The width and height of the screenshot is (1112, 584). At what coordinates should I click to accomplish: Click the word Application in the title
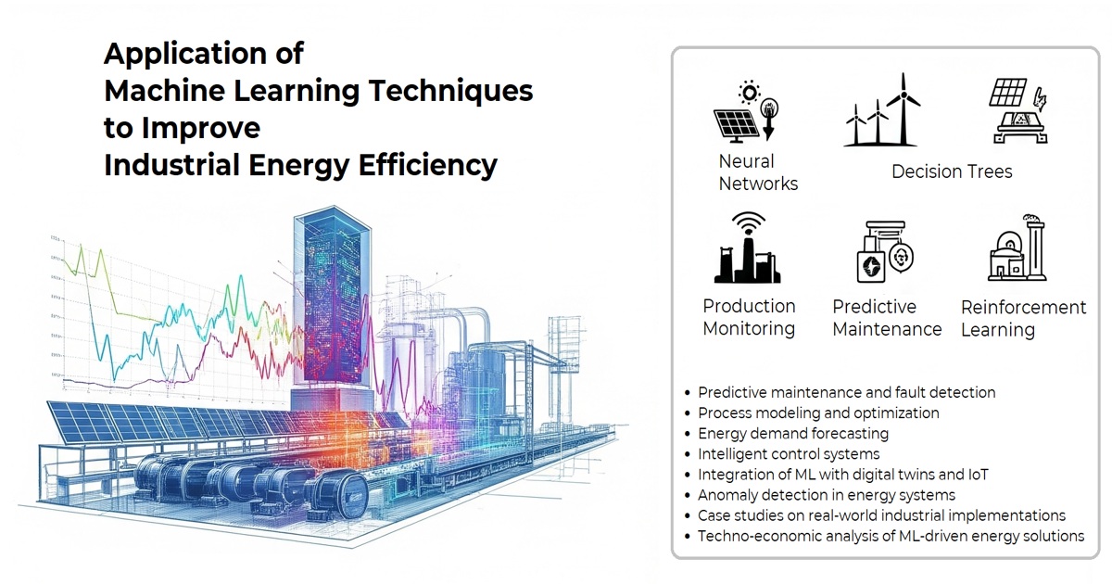point(186,55)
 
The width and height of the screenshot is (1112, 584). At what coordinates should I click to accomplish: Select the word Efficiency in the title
point(427,165)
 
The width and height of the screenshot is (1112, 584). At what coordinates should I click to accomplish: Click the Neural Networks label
point(758,172)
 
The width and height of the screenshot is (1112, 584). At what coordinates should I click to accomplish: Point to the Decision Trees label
point(952,171)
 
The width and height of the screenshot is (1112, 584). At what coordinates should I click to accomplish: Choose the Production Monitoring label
point(749,317)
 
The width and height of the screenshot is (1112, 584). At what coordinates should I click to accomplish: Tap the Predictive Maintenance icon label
point(887,318)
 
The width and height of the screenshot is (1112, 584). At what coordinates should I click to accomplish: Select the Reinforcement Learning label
point(1024,318)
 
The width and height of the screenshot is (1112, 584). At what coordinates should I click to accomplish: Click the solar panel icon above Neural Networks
point(736,126)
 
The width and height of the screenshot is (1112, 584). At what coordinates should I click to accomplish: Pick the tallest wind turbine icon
point(903,109)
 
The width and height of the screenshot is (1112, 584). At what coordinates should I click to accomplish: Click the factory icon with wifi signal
point(748,248)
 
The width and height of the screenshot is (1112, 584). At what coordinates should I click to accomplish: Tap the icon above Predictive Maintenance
point(886,251)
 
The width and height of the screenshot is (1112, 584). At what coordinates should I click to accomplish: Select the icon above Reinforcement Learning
point(1017,248)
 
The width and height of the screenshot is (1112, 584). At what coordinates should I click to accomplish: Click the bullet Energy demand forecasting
point(793,434)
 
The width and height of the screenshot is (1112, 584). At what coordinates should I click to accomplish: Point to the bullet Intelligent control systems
point(789,454)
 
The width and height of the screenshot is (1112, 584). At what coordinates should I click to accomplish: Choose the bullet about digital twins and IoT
point(842,475)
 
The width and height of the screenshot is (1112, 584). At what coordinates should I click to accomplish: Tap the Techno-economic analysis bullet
point(891,537)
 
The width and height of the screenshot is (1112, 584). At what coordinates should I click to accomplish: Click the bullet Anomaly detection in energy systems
point(826,495)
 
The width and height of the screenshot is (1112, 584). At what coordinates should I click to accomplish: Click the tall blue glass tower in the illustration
point(333,298)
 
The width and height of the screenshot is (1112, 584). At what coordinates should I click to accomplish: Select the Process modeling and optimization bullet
point(818,413)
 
